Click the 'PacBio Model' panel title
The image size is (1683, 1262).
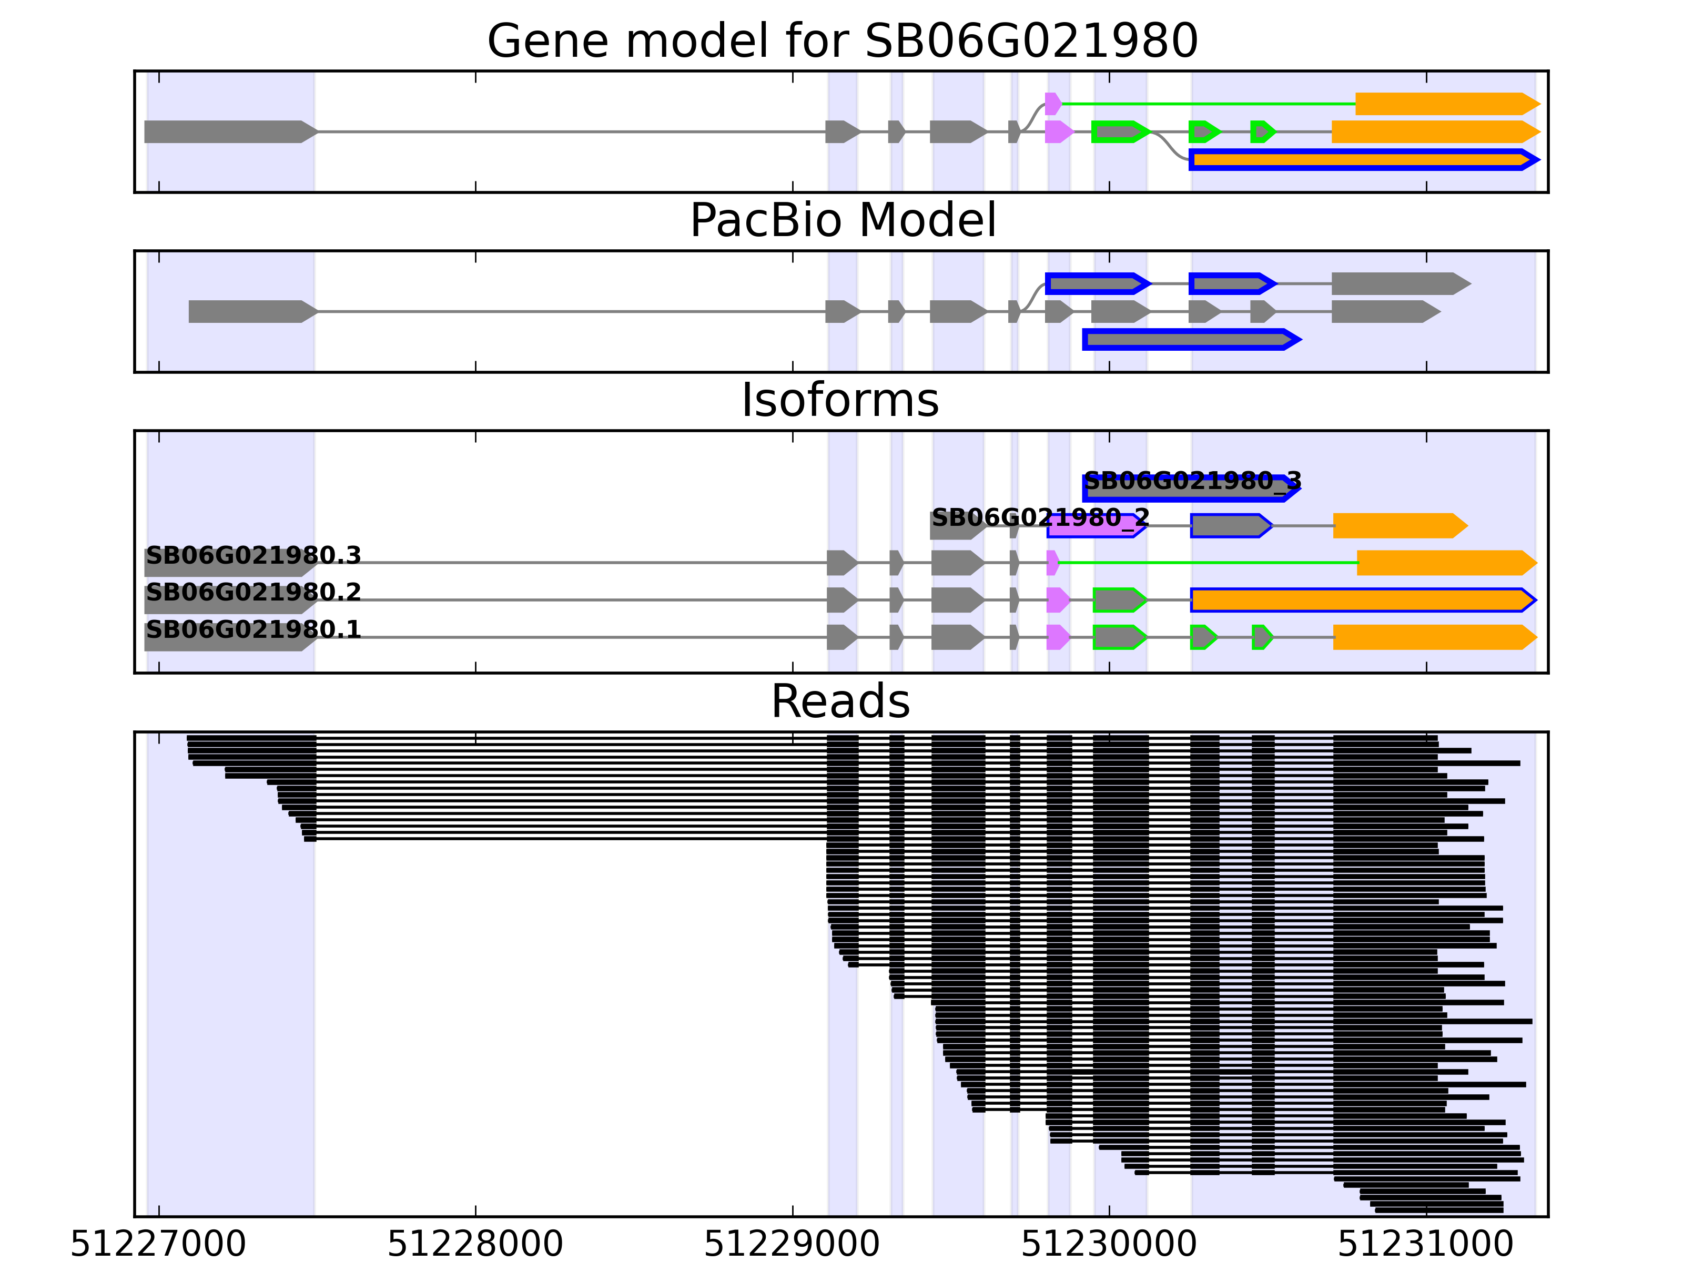841,221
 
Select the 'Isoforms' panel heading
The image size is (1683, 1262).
840,400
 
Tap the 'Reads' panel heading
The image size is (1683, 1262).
840,701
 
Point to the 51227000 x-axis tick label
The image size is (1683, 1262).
158,1244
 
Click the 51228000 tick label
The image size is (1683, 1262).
475,1244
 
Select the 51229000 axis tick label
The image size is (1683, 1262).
792,1244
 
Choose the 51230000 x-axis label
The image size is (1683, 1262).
1109,1244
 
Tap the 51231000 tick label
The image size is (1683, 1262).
1425,1244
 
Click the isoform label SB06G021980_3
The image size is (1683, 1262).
1192,481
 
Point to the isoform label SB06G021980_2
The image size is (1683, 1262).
1040,518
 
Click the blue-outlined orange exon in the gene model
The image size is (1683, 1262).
1362,160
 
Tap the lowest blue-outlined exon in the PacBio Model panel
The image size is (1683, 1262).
1191,339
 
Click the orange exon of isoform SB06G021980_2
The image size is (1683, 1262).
1398,526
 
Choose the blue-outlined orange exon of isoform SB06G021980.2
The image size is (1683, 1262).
1362,600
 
